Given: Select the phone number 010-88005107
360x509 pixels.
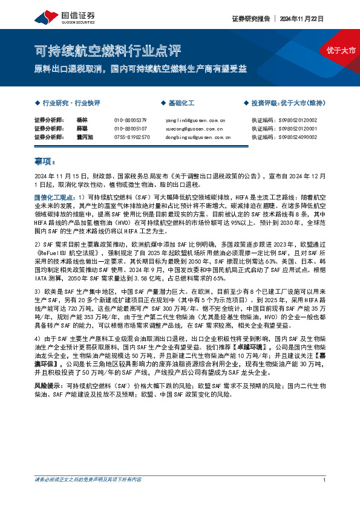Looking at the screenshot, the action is [x=131, y=129].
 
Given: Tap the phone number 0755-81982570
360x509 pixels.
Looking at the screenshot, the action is [x=132, y=137].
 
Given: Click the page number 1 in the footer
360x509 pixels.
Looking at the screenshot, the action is [x=325, y=498].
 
